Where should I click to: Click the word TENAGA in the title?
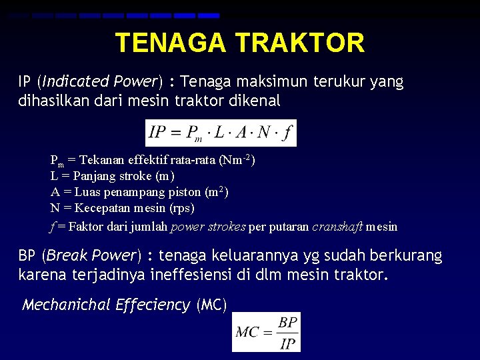pyautogui.click(x=171, y=43)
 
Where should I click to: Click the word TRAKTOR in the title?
pyautogui.click(x=300, y=43)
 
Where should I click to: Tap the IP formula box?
pyautogui.click(x=221, y=132)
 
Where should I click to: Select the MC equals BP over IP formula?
pyautogui.click(x=266, y=332)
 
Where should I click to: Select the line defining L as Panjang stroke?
pyautogui.click(x=113, y=176)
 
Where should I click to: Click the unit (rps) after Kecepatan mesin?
pyautogui.click(x=181, y=208)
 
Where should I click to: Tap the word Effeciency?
pyautogui.click(x=153, y=305)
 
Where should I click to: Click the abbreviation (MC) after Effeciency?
pyautogui.click(x=211, y=305)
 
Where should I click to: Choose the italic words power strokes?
pyautogui.click(x=208, y=227)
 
